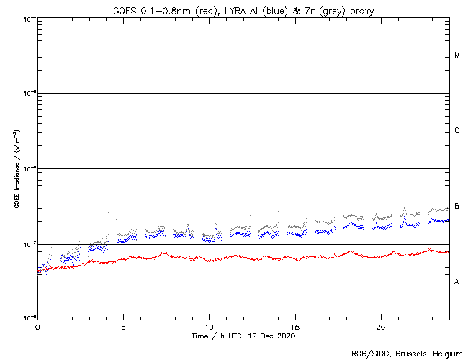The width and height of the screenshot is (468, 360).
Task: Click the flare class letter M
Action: coord(457,55)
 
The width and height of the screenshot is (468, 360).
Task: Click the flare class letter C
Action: coord(457,131)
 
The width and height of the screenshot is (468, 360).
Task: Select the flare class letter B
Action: coord(457,207)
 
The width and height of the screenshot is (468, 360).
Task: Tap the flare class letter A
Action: coord(457,282)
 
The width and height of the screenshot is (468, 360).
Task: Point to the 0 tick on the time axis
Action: coord(37,326)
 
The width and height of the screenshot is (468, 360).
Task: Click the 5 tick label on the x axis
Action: coord(123,326)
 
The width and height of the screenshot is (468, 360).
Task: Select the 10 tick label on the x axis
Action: coord(209,326)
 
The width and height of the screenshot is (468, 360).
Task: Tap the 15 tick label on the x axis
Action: coord(295,326)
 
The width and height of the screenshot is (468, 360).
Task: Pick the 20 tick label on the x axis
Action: coord(381,326)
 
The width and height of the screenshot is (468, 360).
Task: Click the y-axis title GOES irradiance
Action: coord(16,169)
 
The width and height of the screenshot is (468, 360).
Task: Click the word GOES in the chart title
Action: coord(125,9)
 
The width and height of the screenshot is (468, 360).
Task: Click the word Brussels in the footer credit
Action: coord(405,354)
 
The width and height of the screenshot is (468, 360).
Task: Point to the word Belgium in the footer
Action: coord(445,354)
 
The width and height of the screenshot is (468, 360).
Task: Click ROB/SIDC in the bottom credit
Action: coord(367,354)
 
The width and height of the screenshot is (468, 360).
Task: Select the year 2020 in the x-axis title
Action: coord(286,336)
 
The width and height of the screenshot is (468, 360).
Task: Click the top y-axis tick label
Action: coord(30,18)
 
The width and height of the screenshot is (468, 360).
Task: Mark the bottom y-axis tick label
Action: coord(30,318)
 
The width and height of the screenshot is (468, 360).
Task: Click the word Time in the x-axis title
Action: coord(199,336)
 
